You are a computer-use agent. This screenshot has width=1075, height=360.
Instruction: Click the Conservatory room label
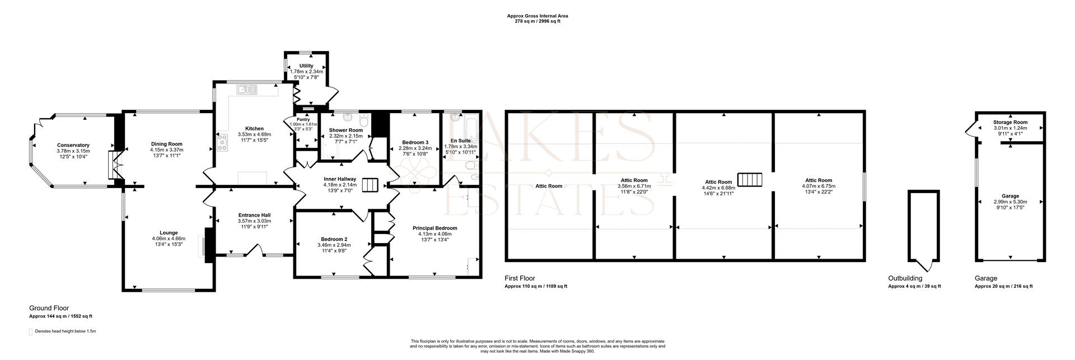(x=73, y=145)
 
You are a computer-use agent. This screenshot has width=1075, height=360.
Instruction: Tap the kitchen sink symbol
(x=246, y=89)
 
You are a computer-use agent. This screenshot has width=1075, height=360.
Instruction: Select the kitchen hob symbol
(x=223, y=143)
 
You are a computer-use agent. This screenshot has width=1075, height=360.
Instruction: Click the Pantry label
(x=303, y=119)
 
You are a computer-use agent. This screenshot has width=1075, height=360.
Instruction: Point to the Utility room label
(x=306, y=66)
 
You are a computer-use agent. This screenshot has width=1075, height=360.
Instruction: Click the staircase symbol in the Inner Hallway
(x=370, y=185)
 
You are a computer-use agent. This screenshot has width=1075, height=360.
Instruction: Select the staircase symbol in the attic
(x=750, y=180)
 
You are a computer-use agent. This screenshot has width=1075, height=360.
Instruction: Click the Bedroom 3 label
(x=414, y=143)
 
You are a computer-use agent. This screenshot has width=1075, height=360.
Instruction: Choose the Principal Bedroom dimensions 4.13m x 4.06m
(x=435, y=234)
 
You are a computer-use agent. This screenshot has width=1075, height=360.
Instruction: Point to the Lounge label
(x=169, y=233)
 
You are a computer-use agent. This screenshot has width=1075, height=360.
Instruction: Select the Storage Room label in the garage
(x=1010, y=122)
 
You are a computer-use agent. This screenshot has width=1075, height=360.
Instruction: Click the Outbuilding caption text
(x=905, y=278)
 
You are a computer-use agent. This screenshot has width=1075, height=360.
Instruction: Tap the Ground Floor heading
(x=49, y=308)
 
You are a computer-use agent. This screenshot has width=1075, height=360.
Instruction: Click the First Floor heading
(x=520, y=278)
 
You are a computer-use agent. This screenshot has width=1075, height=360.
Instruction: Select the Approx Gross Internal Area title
(x=537, y=16)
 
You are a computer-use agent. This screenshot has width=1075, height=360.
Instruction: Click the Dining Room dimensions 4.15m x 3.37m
(x=167, y=150)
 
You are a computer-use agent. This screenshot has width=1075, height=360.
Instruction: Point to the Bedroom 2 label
(x=333, y=239)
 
